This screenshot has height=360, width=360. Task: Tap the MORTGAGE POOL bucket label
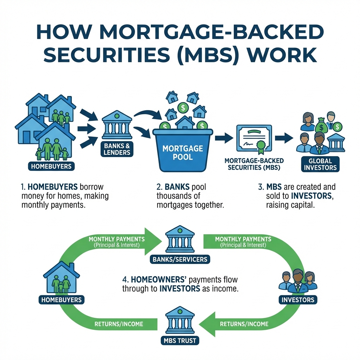click(x=182, y=152)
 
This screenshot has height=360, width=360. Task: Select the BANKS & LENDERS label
click(x=117, y=149)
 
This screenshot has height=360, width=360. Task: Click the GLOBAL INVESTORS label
click(x=320, y=164)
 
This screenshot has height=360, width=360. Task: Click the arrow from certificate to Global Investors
click(x=284, y=137)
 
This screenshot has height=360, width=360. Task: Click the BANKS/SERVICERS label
click(x=180, y=259)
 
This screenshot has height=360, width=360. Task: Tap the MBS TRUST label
click(x=180, y=340)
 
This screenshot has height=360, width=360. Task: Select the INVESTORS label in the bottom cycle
click(x=298, y=300)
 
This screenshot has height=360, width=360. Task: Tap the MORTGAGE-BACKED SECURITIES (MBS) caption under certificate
click(x=254, y=164)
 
